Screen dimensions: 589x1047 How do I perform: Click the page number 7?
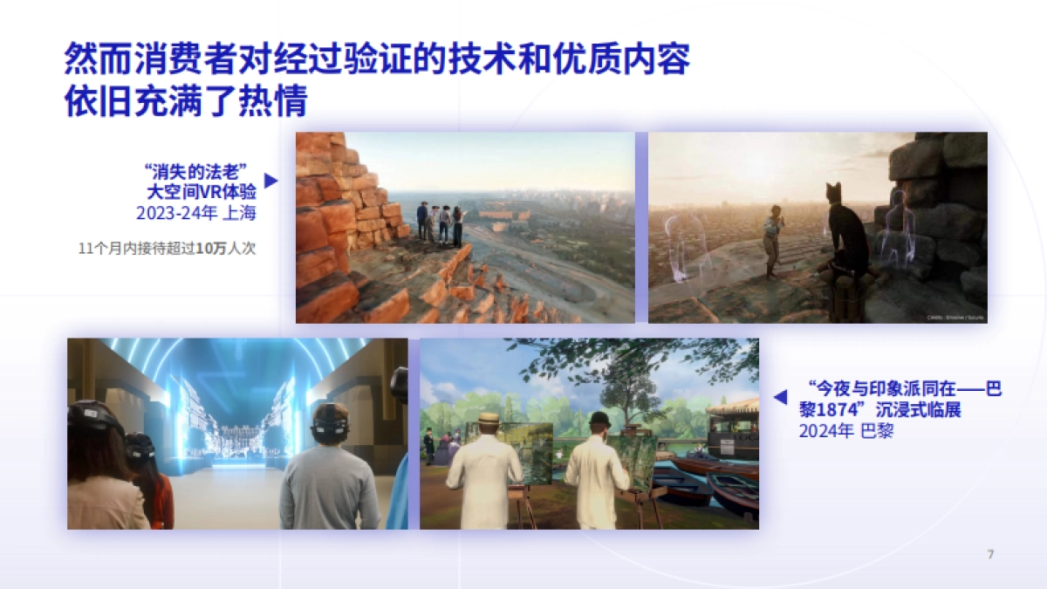990,554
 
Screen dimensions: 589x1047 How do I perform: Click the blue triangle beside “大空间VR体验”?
270,181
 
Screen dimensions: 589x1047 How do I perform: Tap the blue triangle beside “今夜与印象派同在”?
780,398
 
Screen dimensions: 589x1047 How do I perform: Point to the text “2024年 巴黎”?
846,431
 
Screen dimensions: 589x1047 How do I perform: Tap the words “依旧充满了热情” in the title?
185,102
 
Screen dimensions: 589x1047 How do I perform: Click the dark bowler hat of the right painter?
599,419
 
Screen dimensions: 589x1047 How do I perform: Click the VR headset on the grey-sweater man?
330,421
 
